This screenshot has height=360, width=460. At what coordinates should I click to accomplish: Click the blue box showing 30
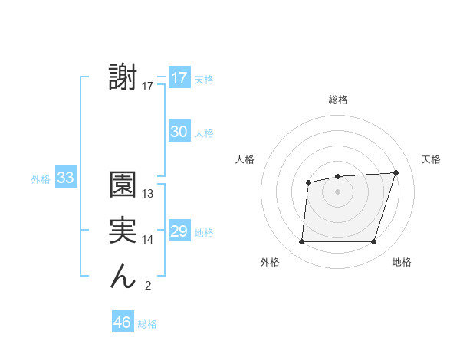(x=179, y=132)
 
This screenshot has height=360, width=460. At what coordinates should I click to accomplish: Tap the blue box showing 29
(x=179, y=231)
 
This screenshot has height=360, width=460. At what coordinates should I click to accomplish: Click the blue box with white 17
(x=179, y=78)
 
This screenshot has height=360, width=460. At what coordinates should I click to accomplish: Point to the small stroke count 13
(x=148, y=194)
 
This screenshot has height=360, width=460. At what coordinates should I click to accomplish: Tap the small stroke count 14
(x=148, y=240)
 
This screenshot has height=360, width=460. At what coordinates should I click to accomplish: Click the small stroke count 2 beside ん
(x=148, y=286)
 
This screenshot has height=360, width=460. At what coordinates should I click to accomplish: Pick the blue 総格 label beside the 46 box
(x=147, y=324)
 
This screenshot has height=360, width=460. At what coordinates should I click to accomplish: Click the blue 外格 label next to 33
(x=41, y=179)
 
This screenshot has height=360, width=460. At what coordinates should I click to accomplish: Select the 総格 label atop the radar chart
(x=337, y=100)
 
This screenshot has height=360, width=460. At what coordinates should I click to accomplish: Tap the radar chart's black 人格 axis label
(x=245, y=159)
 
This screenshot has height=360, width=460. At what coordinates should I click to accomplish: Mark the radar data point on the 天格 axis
(x=396, y=172)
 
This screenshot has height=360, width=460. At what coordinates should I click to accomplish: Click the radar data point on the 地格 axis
(x=373, y=242)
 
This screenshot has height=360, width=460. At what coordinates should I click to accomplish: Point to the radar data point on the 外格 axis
(x=301, y=242)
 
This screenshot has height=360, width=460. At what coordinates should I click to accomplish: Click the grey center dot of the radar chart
(x=337, y=191)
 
